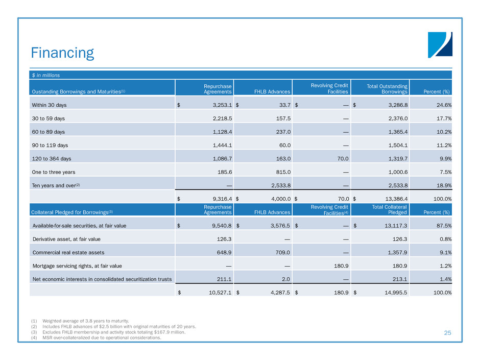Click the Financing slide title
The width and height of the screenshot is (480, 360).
[x=62, y=53]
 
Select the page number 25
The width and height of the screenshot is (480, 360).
[x=447, y=333]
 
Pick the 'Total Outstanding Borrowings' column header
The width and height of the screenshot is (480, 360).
[x=387, y=88]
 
